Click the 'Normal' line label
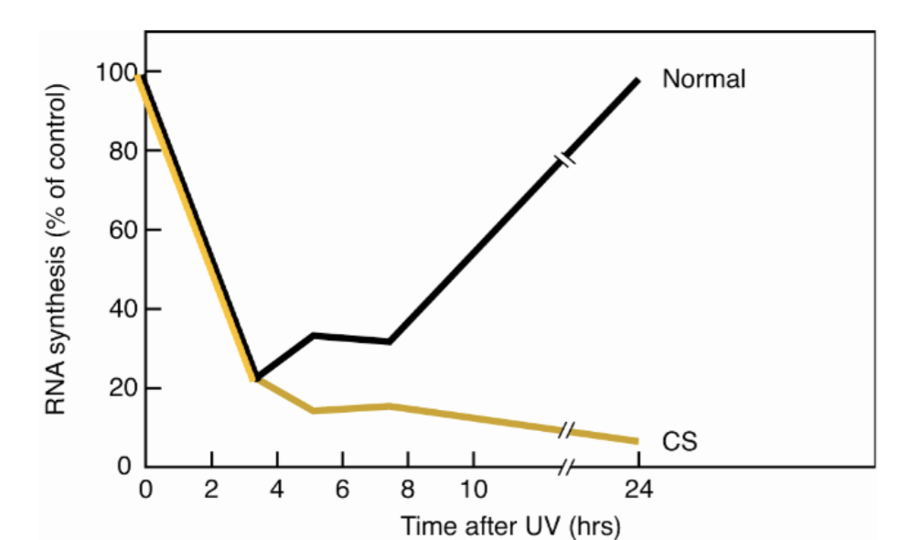click(703, 79)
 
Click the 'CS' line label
click(681, 442)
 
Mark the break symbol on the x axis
click(566, 467)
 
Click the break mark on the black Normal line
click(566, 160)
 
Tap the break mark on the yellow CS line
click(566, 429)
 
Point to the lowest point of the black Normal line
click(259, 378)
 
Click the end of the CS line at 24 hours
click(637, 441)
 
